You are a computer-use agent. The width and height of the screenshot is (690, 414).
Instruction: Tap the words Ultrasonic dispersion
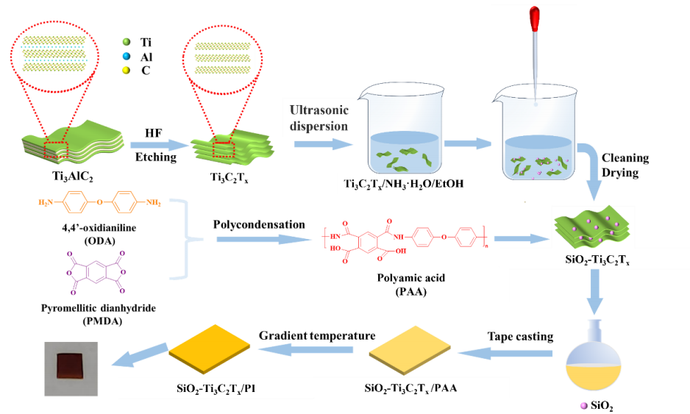click(318, 118)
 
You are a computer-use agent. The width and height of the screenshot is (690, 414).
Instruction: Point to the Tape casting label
click(520, 337)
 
